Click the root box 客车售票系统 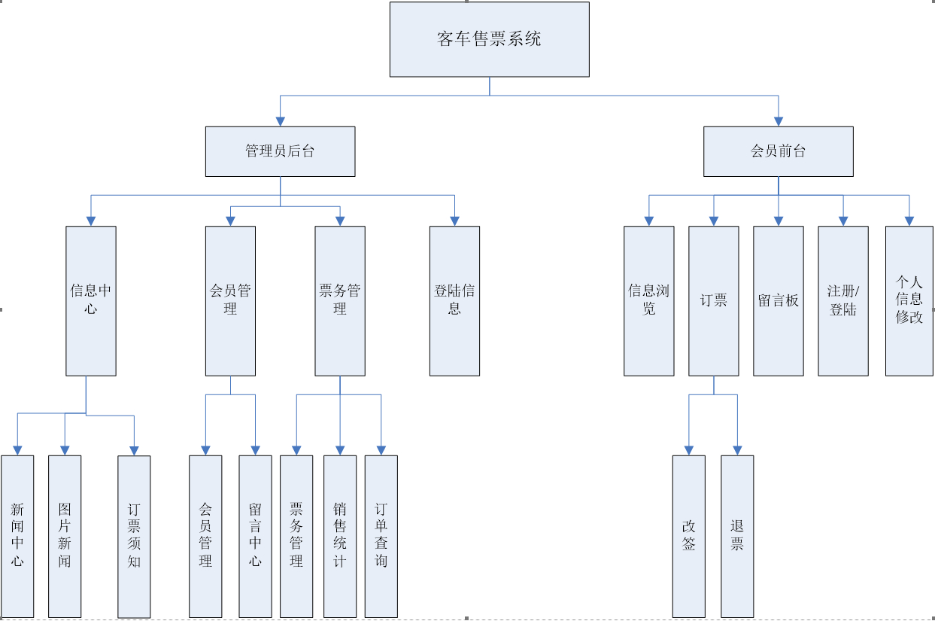[x=489, y=39]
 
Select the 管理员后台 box [x=280, y=151]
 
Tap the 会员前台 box [x=778, y=151]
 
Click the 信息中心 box [x=91, y=300]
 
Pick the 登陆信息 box [x=454, y=300]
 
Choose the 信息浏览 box [x=648, y=300]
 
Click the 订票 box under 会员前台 [x=713, y=300]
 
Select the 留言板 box [x=779, y=300]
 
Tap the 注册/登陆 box [x=842, y=300]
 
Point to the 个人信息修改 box [x=909, y=300]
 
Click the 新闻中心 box [x=17, y=536]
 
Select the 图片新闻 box [x=65, y=536]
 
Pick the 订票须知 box [x=134, y=536]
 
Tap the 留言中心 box [x=255, y=536]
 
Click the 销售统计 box [x=340, y=536]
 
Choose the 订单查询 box [x=381, y=536]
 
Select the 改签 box [x=689, y=536]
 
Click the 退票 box [x=737, y=536]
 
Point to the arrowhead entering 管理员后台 [x=281, y=120]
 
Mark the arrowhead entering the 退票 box [x=737, y=449]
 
